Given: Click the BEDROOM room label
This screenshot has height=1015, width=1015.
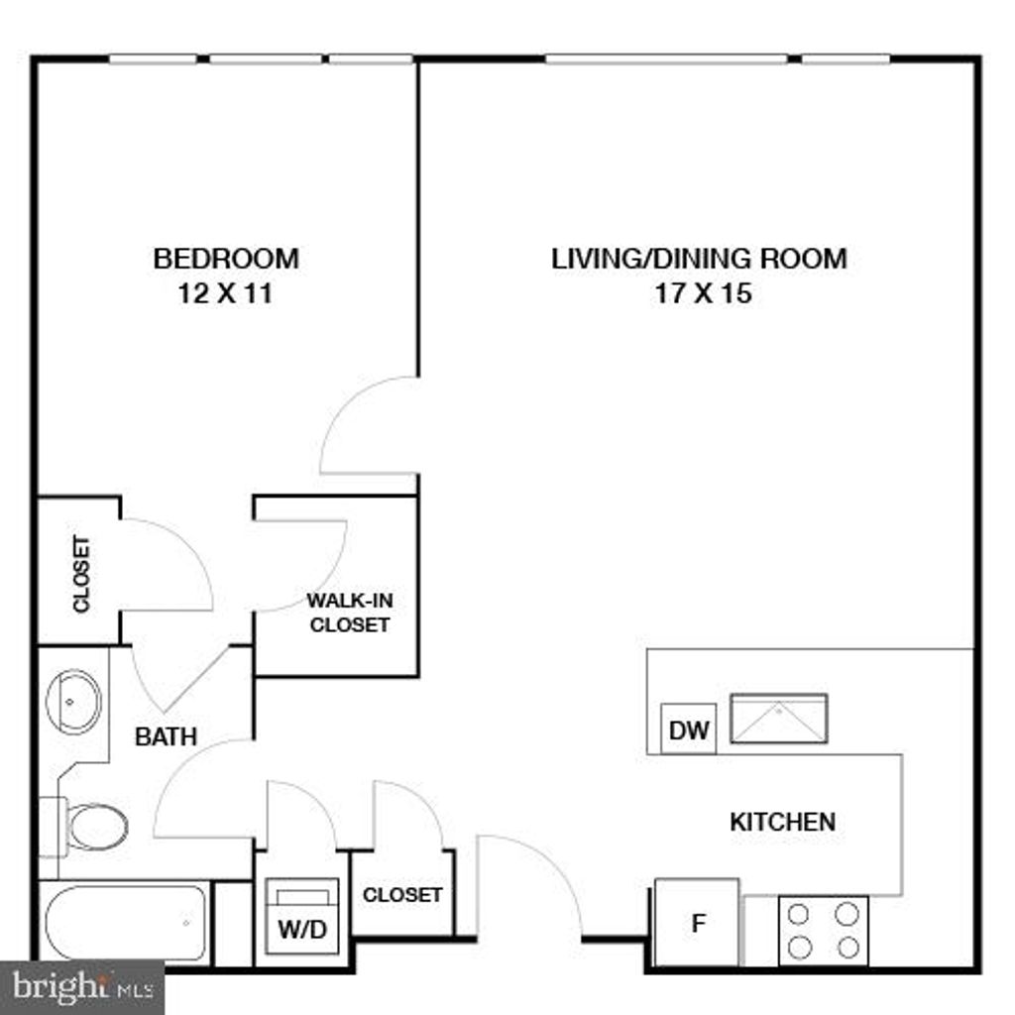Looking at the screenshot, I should click(x=225, y=259).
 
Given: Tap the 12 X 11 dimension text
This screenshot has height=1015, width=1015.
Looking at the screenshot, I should click(x=225, y=293).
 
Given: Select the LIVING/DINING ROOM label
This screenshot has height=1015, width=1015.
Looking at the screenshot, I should click(x=699, y=259).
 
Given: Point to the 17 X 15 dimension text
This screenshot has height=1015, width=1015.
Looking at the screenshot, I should click(x=703, y=293).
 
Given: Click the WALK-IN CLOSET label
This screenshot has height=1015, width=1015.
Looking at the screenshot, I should click(x=348, y=613).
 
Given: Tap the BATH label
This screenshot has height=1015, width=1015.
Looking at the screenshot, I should click(x=166, y=736).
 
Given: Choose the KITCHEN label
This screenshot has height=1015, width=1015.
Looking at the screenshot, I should click(x=782, y=822).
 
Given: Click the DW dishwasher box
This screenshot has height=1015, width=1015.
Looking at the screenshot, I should click(x=688, y=732).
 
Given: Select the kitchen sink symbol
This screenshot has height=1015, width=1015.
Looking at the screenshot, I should click(x=778, y=719).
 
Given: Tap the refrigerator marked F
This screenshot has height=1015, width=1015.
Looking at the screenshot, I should click(x=697, y=924).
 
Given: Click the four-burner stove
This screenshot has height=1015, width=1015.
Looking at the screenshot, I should click(x=823, y=930).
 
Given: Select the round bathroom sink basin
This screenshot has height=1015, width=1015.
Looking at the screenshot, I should click(x=73, y=701).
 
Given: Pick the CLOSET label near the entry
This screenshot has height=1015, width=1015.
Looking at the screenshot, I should click(x=402, y=894).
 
